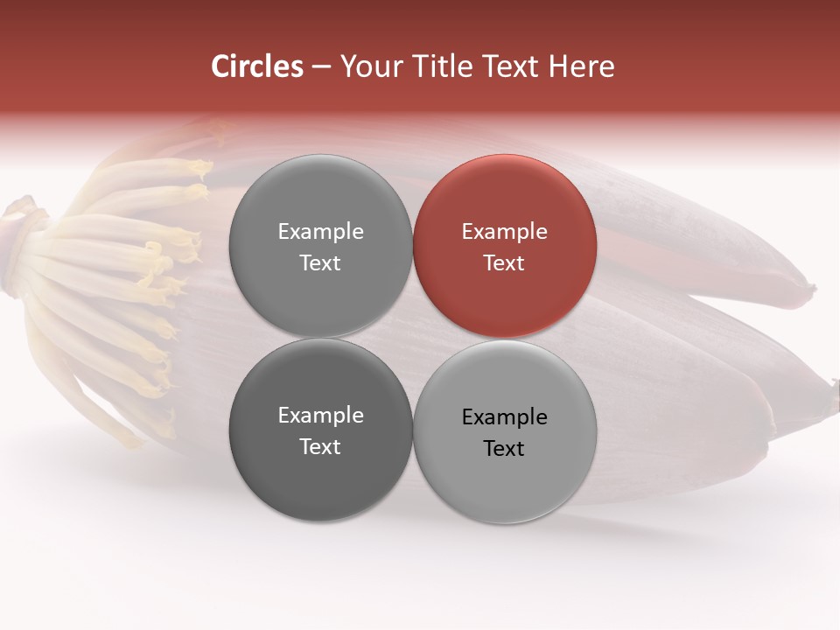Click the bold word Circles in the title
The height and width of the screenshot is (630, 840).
257,66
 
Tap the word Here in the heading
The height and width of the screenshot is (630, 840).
582,66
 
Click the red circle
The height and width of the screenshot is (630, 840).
504,247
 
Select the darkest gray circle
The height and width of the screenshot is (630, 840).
320,430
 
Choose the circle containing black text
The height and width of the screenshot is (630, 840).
504,432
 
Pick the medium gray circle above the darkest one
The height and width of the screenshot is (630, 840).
320,247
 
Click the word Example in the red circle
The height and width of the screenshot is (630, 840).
504,232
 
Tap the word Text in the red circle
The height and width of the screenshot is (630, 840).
504,263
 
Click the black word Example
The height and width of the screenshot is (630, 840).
504,417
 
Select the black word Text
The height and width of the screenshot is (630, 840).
504,449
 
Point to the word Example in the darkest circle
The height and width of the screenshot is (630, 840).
320,416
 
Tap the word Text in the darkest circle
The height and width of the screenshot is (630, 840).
320,447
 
